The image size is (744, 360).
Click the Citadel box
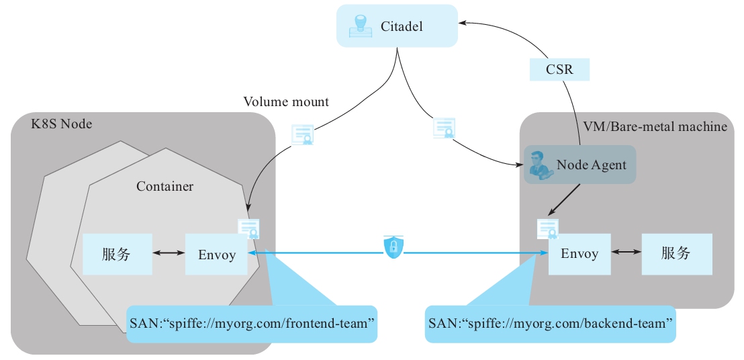(397, 27)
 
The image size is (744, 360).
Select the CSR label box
(559, 69)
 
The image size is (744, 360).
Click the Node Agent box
(579, 165)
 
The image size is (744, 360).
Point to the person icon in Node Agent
(539, 165)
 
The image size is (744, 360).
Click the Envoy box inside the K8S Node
(216, 255)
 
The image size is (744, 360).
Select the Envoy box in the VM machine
(579, 254)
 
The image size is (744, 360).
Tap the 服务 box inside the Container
(117, 254)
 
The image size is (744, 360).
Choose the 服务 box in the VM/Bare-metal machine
(676, 254)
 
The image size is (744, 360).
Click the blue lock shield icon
(393, 246)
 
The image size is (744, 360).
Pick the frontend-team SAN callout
(252, 324)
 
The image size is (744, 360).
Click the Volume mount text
(286, 102)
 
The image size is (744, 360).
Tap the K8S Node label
(62, 124)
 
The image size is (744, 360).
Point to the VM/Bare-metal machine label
(655, 126)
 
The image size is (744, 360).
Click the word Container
(165, 186)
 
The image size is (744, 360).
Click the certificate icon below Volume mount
(303, 134)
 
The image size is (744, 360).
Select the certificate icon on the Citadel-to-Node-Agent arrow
(445, 128)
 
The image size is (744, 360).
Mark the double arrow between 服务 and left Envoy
(169, 254)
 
